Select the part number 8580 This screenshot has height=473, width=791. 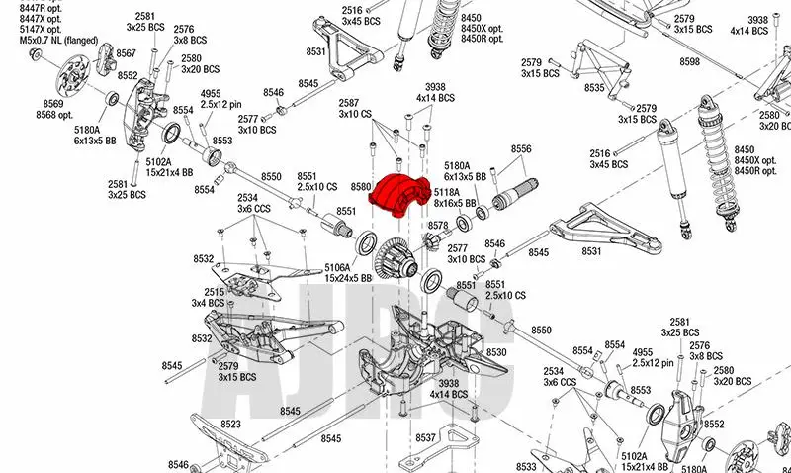[360, 185]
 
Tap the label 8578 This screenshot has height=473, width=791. [437, 226]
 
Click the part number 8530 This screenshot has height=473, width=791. [496, 352]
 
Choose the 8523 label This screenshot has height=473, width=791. [231, 424]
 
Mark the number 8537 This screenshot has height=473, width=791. [426, 436]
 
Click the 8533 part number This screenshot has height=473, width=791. [526, 466]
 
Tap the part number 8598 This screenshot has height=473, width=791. [690, 62]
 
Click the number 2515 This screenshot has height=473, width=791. [215, 292]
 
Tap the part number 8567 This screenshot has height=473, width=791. [127, 51]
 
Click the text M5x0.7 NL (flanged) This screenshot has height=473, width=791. [57, 40]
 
